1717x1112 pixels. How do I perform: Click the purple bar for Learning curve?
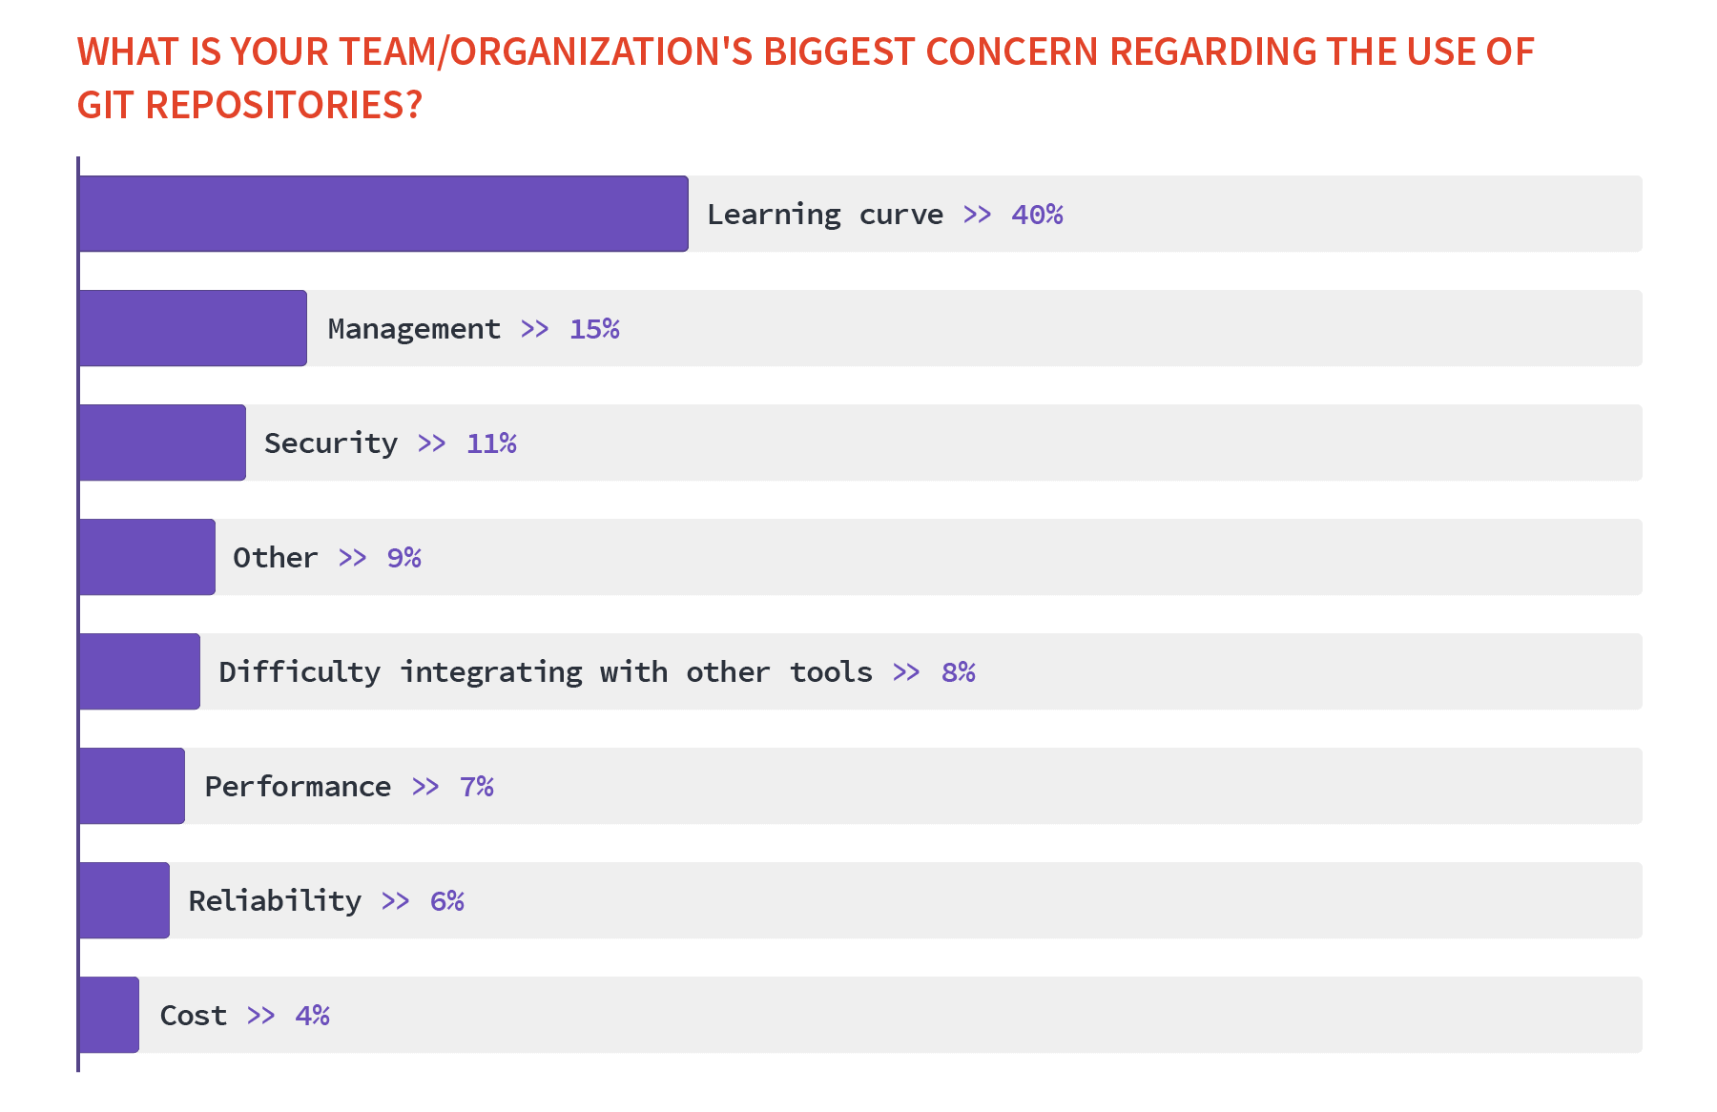pos(383,214)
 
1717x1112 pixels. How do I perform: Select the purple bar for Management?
pos(193,328)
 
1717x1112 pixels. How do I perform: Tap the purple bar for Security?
pos(162,443)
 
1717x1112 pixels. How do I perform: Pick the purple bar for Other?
pos(147,557)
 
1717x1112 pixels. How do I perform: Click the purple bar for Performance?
pos(132,786)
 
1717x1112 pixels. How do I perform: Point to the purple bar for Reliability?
pos(124,900)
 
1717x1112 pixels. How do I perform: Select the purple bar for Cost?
pos(109,1015)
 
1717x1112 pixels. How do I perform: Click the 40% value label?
pos(1037,215)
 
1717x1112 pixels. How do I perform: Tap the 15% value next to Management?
pos(594,329)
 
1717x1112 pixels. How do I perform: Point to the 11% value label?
pos(491,443)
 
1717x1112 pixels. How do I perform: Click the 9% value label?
pos(403,558)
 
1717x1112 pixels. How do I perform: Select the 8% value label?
pos(958,672)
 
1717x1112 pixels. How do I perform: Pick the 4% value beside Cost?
pos(312,1016)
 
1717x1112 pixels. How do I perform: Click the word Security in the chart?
pos(330,443)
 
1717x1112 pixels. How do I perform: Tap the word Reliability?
pos(275,901)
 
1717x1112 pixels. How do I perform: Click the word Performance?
pos(298,787)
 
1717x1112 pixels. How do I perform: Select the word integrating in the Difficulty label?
pos(490,672)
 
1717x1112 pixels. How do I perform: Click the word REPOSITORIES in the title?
pos(283,105)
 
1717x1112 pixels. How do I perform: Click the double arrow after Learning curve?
pos(977,215)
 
